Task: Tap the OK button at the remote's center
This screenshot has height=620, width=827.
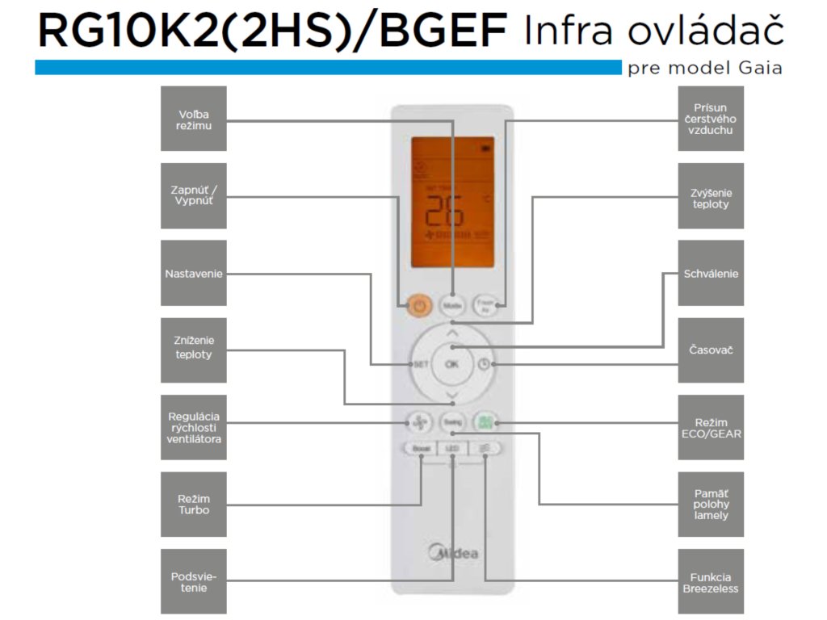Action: (451, 364)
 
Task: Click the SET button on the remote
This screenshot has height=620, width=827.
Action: (420, 364)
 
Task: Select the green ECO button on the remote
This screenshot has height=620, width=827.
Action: (484, 421)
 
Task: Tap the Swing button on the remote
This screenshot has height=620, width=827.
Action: (451, 421)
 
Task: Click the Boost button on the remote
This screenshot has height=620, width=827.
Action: (420, 448)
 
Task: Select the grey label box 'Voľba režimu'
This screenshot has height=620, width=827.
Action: (194, 119)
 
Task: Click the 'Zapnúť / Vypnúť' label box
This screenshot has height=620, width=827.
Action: (194, 195)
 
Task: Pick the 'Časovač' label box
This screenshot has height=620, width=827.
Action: (711, 350)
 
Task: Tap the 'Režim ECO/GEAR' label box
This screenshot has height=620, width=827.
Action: (711, 428)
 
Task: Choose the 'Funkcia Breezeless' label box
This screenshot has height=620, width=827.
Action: (711, 582)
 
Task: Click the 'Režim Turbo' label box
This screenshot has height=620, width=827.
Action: (194, 505)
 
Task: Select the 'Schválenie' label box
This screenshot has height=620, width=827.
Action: (711, 274)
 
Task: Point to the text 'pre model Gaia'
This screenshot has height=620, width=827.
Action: (704, 68)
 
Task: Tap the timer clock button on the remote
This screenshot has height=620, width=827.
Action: (484, 364)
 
